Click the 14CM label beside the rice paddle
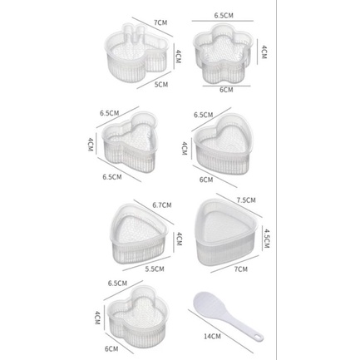(x=212, y=336)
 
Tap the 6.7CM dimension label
(x=162, y=205)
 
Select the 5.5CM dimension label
(x=155, y=269)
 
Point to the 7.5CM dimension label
(x=246, y=200)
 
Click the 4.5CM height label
(x=266, y=238)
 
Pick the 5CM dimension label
(x=161, y=84)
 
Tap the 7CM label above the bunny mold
(x=160, y=22)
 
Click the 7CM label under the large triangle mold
(x=240, y=269)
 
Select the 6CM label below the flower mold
(x=226, y=90)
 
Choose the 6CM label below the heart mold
(x=206, y=180)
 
